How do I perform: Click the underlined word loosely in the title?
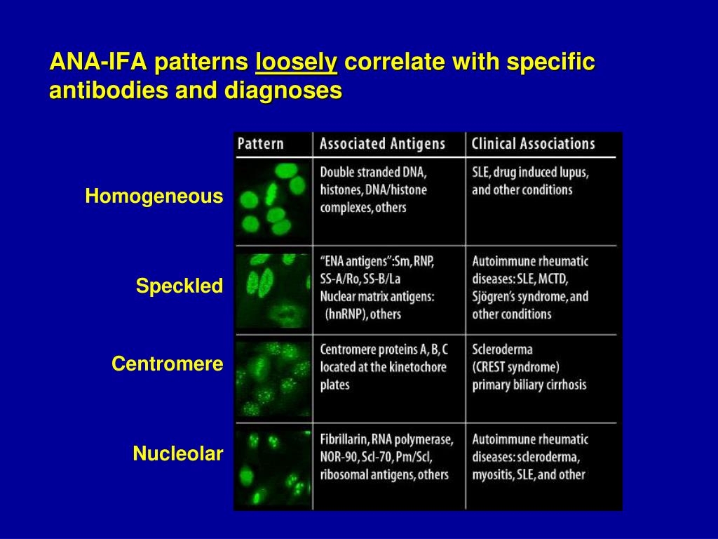pos(297,63)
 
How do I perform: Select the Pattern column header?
pos(261,144)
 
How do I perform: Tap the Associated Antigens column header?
pos(382,144)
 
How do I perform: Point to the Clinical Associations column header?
pos(533,144)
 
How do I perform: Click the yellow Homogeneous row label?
pos(154,197)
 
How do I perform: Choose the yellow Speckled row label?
pos(179,286)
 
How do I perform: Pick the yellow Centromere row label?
pos(168,364)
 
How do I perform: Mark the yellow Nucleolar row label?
pos(178,455)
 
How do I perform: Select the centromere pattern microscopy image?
pos(273,379)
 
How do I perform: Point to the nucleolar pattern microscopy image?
pos(273,466)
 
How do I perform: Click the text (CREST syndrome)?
pos(515,366)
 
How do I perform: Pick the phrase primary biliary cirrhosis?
pos(529,385)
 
